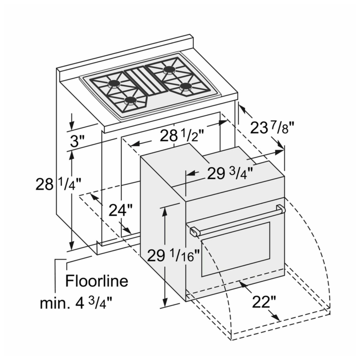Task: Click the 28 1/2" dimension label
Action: (x=181, y=136)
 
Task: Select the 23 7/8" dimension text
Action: (x=272, y=127)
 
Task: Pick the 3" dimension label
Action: (x=77, y=141)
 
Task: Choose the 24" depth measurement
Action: (x=121, y=210)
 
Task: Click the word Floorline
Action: (x=96, y=280)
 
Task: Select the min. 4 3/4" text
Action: (x=76, y=303)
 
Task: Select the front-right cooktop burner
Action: (x=185, y=86)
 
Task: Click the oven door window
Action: (x=235, y=249)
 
